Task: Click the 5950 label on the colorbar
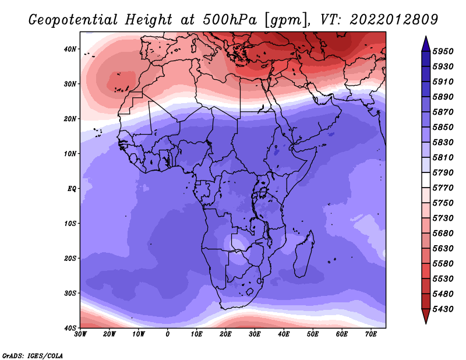[443, 51]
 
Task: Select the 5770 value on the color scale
[443, 188]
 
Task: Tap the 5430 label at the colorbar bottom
[443, 309]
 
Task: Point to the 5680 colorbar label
[443, 234]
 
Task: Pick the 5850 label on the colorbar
[443, 127]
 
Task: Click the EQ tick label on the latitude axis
[72, 189]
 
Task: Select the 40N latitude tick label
[70, 49]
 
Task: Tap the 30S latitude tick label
[70, 294]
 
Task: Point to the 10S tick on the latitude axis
[70, 224]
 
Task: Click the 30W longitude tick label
[80, 334]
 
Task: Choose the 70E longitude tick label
[370, 334]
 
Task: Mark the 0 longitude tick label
[168, 334]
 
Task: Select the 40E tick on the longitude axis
[284, 334]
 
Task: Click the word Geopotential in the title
[73, 20]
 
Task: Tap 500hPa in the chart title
[230, 20]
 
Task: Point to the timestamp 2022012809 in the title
[394, 20]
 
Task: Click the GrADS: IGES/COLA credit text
[33, 355]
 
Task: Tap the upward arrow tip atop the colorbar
[426, 37]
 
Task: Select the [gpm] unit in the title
[285, 20]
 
